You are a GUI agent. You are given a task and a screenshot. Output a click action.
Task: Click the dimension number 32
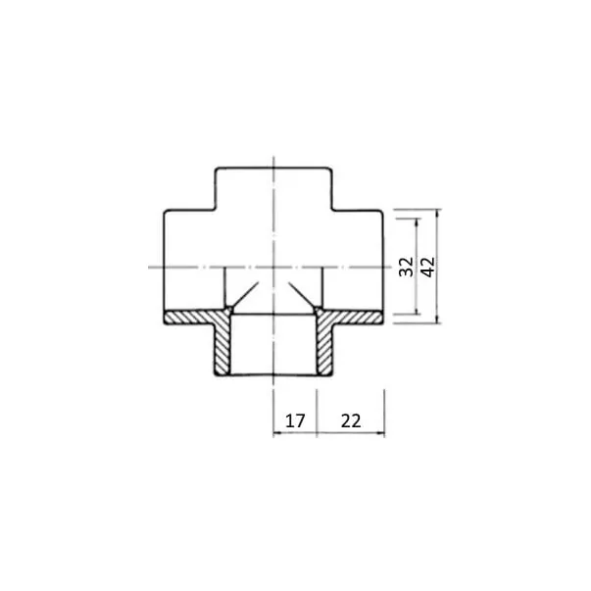406,267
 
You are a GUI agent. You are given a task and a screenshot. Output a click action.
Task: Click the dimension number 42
427,267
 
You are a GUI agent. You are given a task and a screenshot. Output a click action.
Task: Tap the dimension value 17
295,420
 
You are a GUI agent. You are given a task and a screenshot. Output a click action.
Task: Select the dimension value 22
351,420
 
